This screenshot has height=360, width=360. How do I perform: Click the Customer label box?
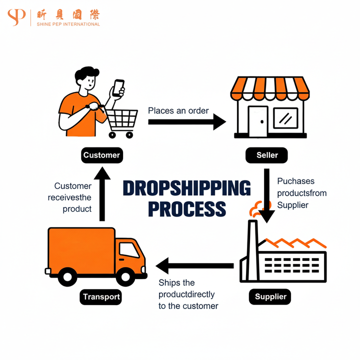[101, 155]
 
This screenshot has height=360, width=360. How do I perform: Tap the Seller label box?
[267, 155]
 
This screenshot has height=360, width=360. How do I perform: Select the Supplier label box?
[270, 296]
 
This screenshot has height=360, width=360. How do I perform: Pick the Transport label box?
[101, 296]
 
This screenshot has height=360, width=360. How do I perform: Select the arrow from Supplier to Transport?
[195, 265]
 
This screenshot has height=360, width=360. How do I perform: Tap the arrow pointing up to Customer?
[102, 195]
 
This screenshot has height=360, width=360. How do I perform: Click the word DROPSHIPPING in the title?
[186, 189]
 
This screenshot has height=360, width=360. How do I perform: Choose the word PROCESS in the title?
[186, 208]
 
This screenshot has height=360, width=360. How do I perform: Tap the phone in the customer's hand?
[118, 88]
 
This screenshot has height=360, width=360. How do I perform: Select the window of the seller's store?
[285, 118]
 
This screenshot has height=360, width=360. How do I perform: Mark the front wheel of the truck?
[124, 275]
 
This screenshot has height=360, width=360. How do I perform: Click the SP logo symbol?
[16, 16]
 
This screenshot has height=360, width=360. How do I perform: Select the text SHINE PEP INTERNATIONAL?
[68, 24]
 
